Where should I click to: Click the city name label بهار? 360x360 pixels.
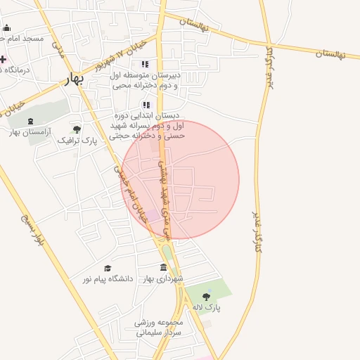click(73, 79)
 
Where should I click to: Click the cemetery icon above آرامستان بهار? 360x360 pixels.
click(30, 121)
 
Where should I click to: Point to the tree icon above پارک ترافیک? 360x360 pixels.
click(77, 129)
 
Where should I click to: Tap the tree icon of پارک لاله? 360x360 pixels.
click(206, 297)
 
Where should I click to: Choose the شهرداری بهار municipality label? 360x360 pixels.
click(164, 279)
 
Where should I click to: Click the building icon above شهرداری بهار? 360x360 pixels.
click(164, 268)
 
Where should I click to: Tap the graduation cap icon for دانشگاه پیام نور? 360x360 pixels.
click(108, 268)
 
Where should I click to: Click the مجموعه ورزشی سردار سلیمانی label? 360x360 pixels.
click(159, 327)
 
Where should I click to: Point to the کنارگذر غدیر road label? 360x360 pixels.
click(258, 231)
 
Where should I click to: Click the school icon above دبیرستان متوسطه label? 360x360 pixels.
click(145, 64)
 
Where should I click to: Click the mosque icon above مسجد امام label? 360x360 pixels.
click(7, 28)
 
